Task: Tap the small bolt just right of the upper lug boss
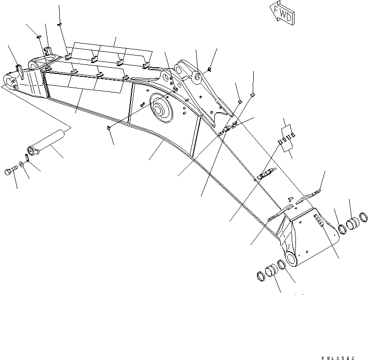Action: point(209,71)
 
